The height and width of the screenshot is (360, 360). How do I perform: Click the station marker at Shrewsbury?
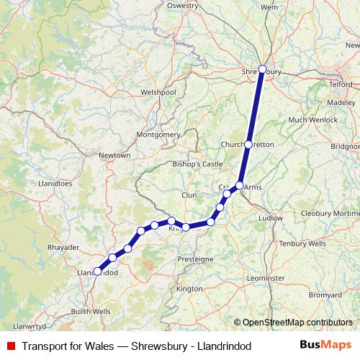(x=262, y=70)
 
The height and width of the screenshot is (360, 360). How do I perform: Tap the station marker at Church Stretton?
(x=248, y=145)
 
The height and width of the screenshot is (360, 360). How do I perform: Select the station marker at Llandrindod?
(x=97, y=271)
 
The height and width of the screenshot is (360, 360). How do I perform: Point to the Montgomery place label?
(x=158, y=135)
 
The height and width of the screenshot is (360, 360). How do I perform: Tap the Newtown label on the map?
(x=115, y=156)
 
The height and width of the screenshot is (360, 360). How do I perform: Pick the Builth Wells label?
(x=91, y=311)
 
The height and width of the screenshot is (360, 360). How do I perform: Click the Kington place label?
(x=189, y=289)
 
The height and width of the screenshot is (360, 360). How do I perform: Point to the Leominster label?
(x=266, y=277)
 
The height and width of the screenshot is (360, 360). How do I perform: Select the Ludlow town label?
(x=271, y=217)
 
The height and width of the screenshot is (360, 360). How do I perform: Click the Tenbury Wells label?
(x=303, y=243)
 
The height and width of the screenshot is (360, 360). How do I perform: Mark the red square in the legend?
(x=11, y=346)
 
